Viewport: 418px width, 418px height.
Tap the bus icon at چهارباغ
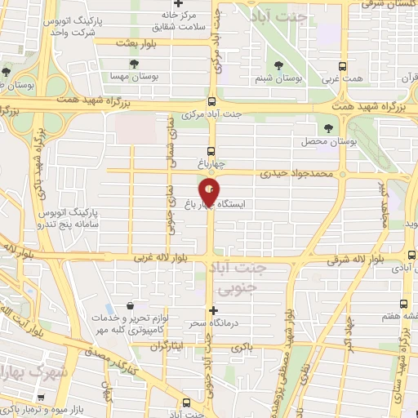click(x=211, y=151)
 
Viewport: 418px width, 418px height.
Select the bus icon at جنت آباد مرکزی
click(x=211, y=102)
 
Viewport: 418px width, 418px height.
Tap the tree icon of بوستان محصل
click(x=328, y=129)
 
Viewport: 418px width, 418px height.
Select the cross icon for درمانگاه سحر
click(x=214, y=310)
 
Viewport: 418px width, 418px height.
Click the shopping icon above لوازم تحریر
click(x=131, y=308)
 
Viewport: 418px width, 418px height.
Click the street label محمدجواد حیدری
click(x=297, y=174)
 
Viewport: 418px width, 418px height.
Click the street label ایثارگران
click(x=169, y=346)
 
